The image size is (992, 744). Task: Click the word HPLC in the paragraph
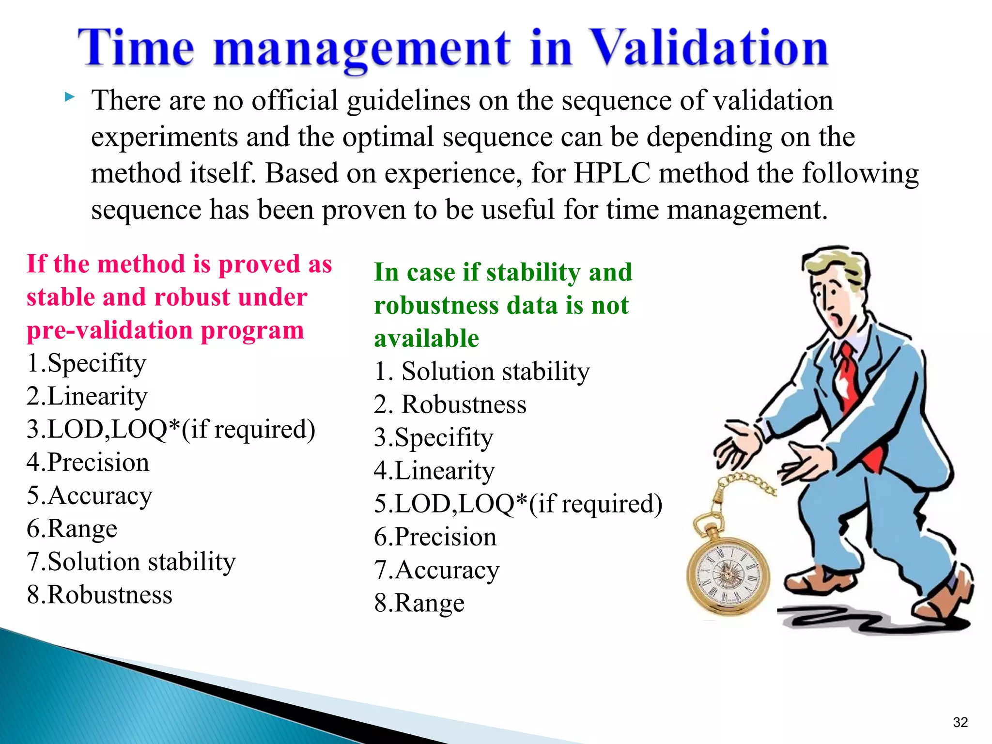[x=611, y=173]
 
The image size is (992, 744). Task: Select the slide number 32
[x=960, y=722]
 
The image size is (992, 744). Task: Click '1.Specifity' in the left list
[x=86, y=363]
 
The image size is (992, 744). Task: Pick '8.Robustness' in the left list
[x=99, y=595]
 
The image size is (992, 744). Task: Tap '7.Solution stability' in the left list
[x=131, y=562]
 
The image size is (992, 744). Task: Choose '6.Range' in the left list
[x=72, y=528]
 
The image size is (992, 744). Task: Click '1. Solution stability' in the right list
[x=481, y=372]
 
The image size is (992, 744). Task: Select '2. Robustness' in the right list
[x=450, y=404]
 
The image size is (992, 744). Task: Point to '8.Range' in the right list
[x=419, y=603]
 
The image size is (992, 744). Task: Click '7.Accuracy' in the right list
[x=436, y=570]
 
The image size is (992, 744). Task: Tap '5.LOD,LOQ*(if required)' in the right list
[x=518, y=504]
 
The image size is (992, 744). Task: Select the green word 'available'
[x=426, y=338]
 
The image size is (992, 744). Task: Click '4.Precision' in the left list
[x=88, y=462]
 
